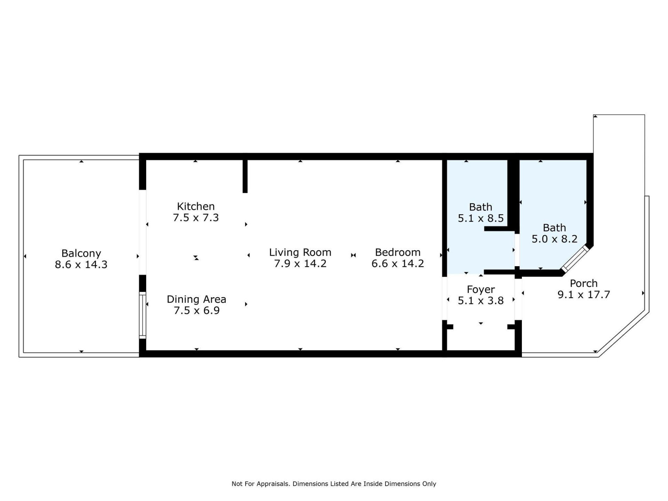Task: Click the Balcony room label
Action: [81, 253]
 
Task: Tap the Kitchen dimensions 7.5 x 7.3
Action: [196, 218]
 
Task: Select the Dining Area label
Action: [196, 299]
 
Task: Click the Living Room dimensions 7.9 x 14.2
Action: [300, 264]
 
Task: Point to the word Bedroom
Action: [398, 252]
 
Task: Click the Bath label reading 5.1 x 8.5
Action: [480, 218]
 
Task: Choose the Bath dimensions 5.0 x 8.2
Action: [554, 239]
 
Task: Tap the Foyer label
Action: [480, 289]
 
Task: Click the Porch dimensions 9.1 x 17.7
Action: [583, 295]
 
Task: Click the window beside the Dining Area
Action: [142, 315]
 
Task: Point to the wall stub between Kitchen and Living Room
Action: [245, 176]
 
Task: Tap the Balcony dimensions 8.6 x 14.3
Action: [81, 264]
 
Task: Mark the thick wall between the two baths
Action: [513, 195]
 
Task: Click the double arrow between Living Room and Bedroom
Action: [353, 255]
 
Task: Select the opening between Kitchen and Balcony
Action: [142, 232]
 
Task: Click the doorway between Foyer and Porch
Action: [518, 299]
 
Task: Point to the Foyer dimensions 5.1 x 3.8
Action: [480, 301]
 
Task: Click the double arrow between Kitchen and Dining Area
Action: [196, 258]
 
